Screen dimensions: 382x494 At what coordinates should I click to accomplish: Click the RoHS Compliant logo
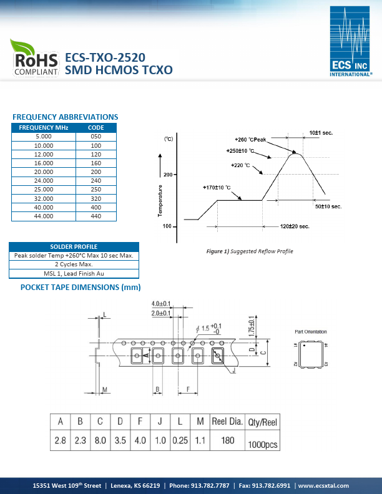(35, 57)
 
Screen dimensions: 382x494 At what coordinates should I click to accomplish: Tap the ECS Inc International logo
(350, 41)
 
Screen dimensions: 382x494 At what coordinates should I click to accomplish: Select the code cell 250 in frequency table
(96, 190)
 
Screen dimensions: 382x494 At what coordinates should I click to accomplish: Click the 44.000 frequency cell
(44, 216)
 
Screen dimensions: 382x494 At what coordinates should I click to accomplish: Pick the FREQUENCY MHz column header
(44, 128)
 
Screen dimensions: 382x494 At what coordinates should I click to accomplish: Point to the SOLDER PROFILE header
(74, 246)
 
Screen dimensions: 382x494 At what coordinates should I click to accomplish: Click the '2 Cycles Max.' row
(74, 264)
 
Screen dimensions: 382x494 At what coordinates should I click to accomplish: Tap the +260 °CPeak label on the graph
(250, 140)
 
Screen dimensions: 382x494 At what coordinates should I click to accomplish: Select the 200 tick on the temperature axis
(168, 175)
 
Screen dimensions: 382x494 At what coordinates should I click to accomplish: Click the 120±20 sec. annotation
(295, 226)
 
